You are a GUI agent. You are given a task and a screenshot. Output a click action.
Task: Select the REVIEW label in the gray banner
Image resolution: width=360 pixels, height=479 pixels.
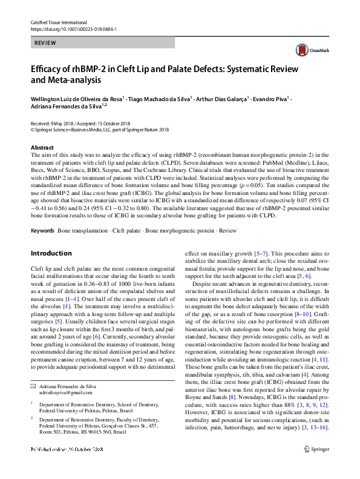[x=46, y=43]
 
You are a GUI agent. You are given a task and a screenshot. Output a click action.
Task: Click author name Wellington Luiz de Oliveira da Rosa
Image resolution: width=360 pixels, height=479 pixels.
[x=76, y=98]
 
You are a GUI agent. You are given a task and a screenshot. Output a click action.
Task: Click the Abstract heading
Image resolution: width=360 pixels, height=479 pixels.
[x=42, y=148]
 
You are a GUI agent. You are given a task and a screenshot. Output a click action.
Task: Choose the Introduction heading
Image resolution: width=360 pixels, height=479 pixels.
[x=51, y=253]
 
